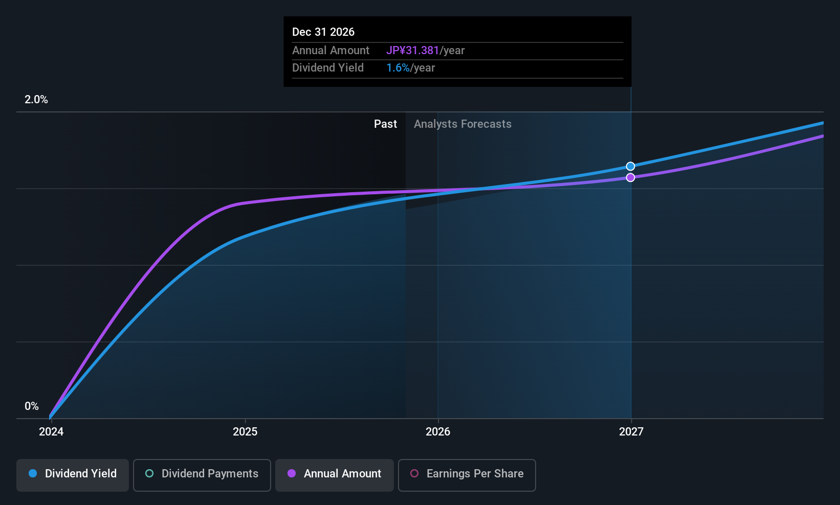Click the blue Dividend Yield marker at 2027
631,166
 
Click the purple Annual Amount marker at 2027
631,177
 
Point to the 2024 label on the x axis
51,432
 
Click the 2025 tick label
245,432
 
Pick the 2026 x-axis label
438,432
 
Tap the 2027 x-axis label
631,432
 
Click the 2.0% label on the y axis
36,100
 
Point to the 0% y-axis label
32,406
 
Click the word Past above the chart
385,124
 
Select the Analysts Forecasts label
462,124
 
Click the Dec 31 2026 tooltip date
323,32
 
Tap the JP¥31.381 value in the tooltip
412,51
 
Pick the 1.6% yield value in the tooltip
398,68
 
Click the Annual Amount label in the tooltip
330,51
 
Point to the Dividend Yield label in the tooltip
328,68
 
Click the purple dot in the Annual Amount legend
292,474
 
